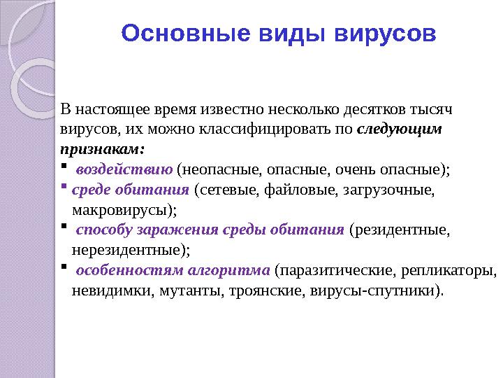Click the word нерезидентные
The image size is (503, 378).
[130, 248]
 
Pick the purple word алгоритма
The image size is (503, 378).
[234, 269]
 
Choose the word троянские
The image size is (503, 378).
[262, 289]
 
